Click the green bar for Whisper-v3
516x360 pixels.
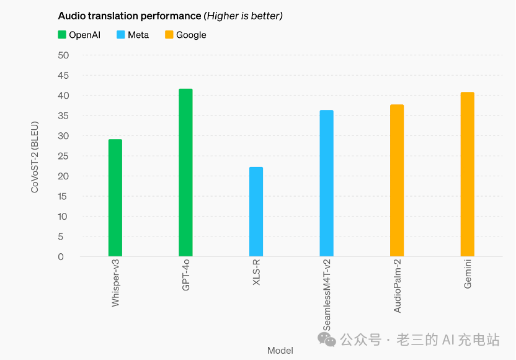click(115, 198)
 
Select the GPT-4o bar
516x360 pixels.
click(185, 173)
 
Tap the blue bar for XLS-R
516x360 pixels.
click(256, 212)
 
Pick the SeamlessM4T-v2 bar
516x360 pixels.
click(326, 183)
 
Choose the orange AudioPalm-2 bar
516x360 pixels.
click(397, 181)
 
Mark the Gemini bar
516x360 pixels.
click(467, 174)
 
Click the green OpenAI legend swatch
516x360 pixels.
click(62, 35)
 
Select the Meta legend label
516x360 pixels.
click(138, 35)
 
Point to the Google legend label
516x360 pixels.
click(191, 35)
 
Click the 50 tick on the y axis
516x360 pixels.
click(63, 55)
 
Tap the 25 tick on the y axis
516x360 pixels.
click(63, 156)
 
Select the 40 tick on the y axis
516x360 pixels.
click(63, 96)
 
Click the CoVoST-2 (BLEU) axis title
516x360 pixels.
click(35, 156)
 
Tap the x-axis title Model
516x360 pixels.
click(280, 351)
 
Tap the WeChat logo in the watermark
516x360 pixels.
click(327, 339)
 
